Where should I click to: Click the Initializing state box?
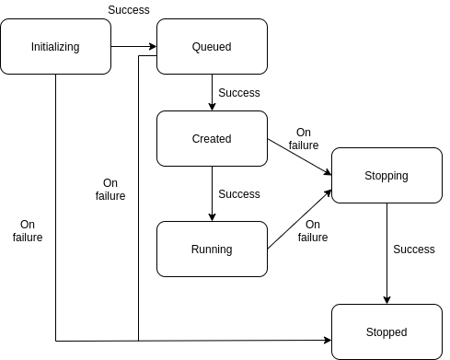[55, 46]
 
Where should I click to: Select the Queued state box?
[212, 46]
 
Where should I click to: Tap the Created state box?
[212, 138]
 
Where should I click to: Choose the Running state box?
[212, 249]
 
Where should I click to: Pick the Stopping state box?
[387, 175]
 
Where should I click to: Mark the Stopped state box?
[387, 331]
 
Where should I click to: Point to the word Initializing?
[55, 47]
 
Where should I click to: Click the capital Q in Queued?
[196, 47]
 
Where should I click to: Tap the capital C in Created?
[196, 139]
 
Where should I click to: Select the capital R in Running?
[195, 250]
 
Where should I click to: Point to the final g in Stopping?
[405, 177]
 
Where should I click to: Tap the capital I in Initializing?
[32, 47]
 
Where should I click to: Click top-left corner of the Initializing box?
[3, 21]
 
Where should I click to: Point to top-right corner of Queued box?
[265, 21]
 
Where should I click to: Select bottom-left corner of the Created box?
[159, 164]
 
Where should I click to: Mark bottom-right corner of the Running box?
[265, 274]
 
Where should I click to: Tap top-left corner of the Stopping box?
[334, 150]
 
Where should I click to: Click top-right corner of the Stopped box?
[440, 307]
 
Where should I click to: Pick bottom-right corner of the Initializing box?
[109, 72]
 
